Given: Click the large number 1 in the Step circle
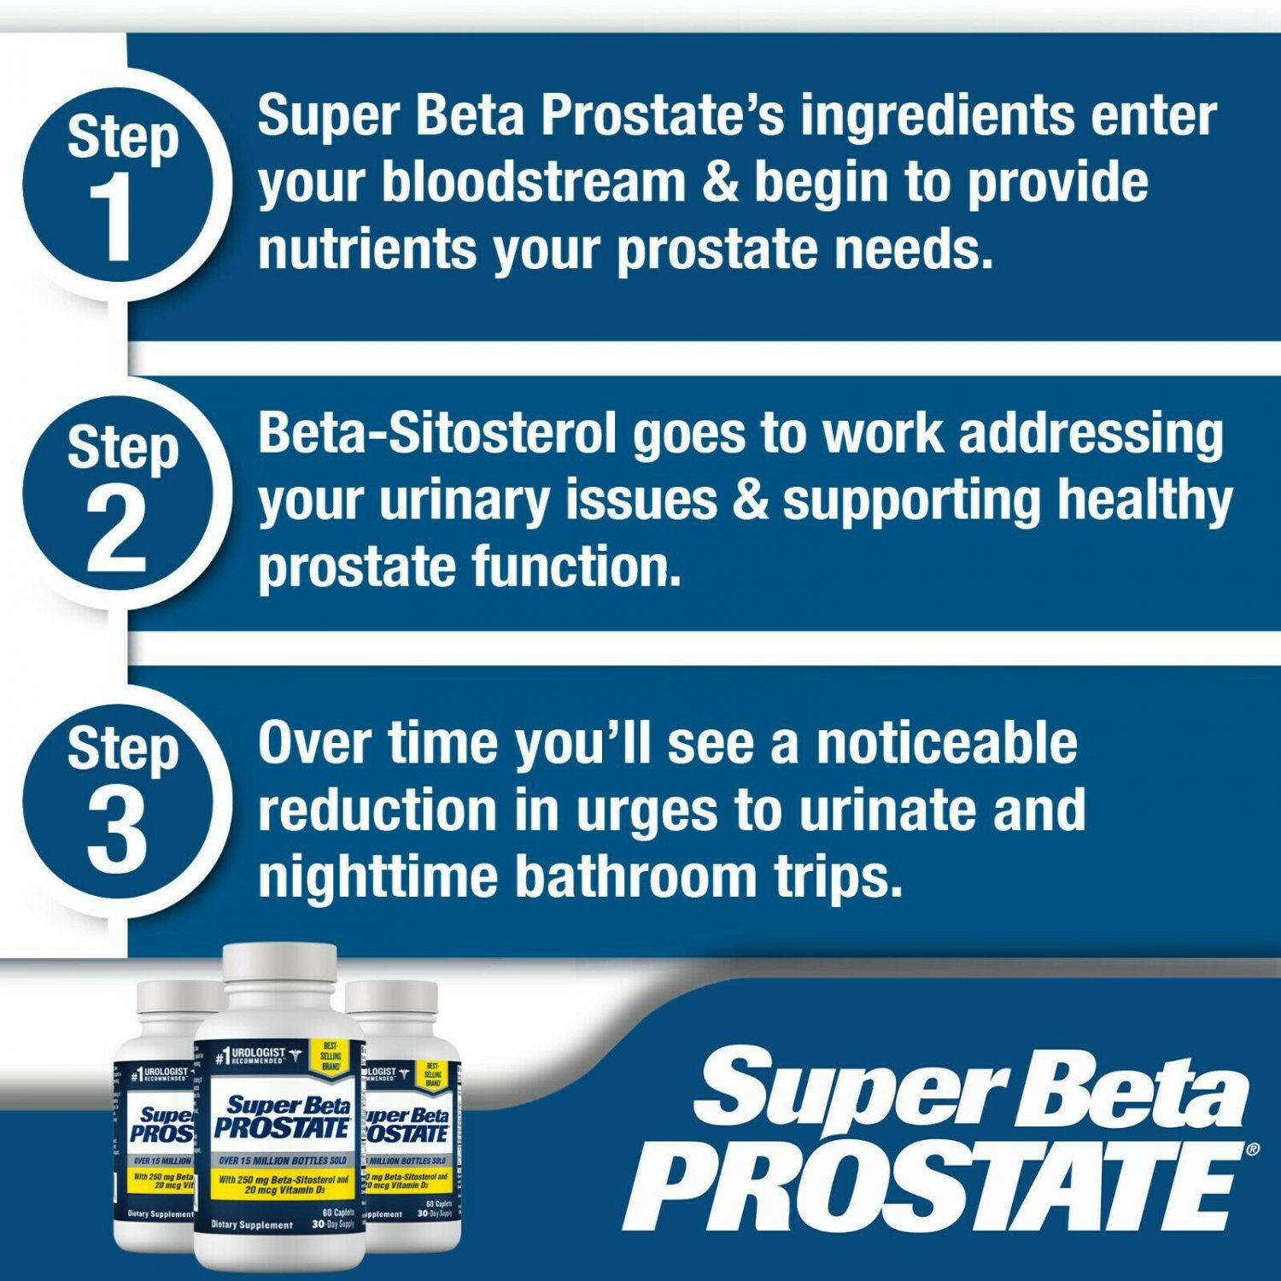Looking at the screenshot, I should tap(112, 216).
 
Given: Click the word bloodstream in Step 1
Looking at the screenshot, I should tap(533, 183).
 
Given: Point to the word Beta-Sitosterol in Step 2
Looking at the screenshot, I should tap(436, 433).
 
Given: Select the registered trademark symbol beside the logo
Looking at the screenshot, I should tap(1252, 1149).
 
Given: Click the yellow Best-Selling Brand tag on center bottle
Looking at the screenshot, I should tap(330, 1056).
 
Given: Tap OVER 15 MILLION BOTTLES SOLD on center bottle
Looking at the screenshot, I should tap(283, 1161).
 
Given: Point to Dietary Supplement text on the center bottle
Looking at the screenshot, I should tap(252, 1225).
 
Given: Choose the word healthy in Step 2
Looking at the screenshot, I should tap(1144, 500).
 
